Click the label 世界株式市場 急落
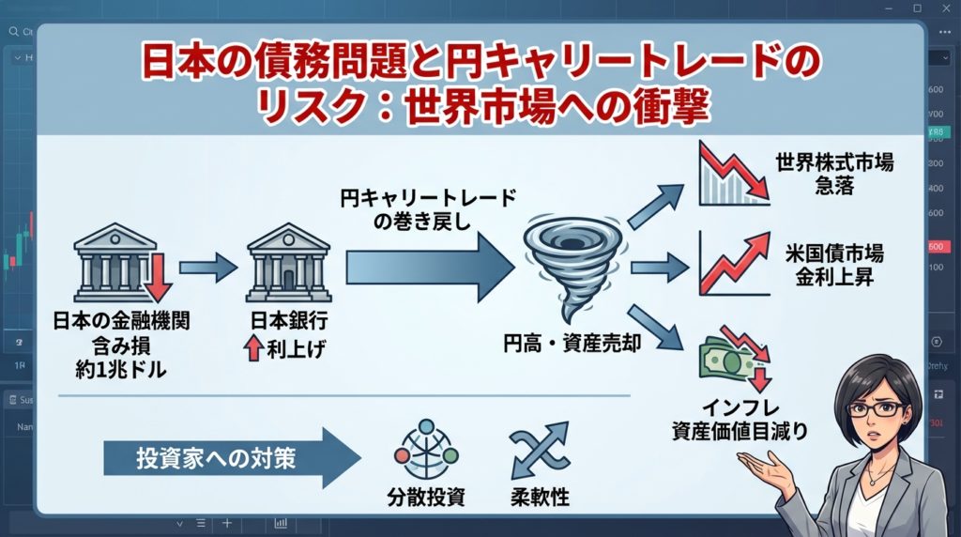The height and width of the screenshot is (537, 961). point(834,174)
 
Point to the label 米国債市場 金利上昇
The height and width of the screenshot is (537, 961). point(834,265)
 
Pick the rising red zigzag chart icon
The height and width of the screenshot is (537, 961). point(733,265)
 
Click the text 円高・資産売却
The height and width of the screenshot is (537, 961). point(572,344)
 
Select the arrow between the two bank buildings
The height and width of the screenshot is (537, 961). point(208,268)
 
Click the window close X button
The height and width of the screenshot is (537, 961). point(943,8)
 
